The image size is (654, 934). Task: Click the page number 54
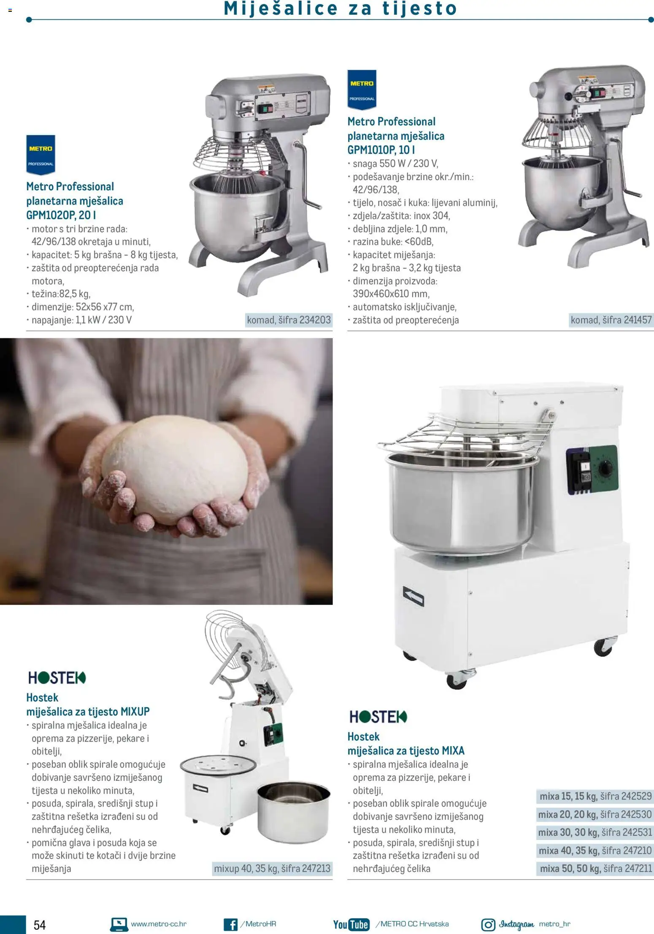point(39,925)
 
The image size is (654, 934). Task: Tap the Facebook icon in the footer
point(230,924)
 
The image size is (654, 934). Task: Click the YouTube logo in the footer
point(351,924)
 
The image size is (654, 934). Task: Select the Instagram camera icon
point(488,924)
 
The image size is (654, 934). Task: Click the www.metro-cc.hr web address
point(158,924)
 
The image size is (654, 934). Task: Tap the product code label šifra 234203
point(289,320)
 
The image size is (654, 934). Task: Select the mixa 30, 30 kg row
point(595,832)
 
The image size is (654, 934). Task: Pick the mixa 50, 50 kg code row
point(595,868)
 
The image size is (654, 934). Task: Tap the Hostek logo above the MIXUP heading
point(57,678)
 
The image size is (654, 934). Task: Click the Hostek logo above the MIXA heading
point(378,716)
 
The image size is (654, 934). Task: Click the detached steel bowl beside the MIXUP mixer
point(293,810)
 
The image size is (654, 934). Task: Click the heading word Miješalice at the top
point(281,8)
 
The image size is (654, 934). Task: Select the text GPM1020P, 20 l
point(61,215)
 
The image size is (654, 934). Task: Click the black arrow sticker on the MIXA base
point(413,596)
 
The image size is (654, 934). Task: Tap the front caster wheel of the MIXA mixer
point(457,679)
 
